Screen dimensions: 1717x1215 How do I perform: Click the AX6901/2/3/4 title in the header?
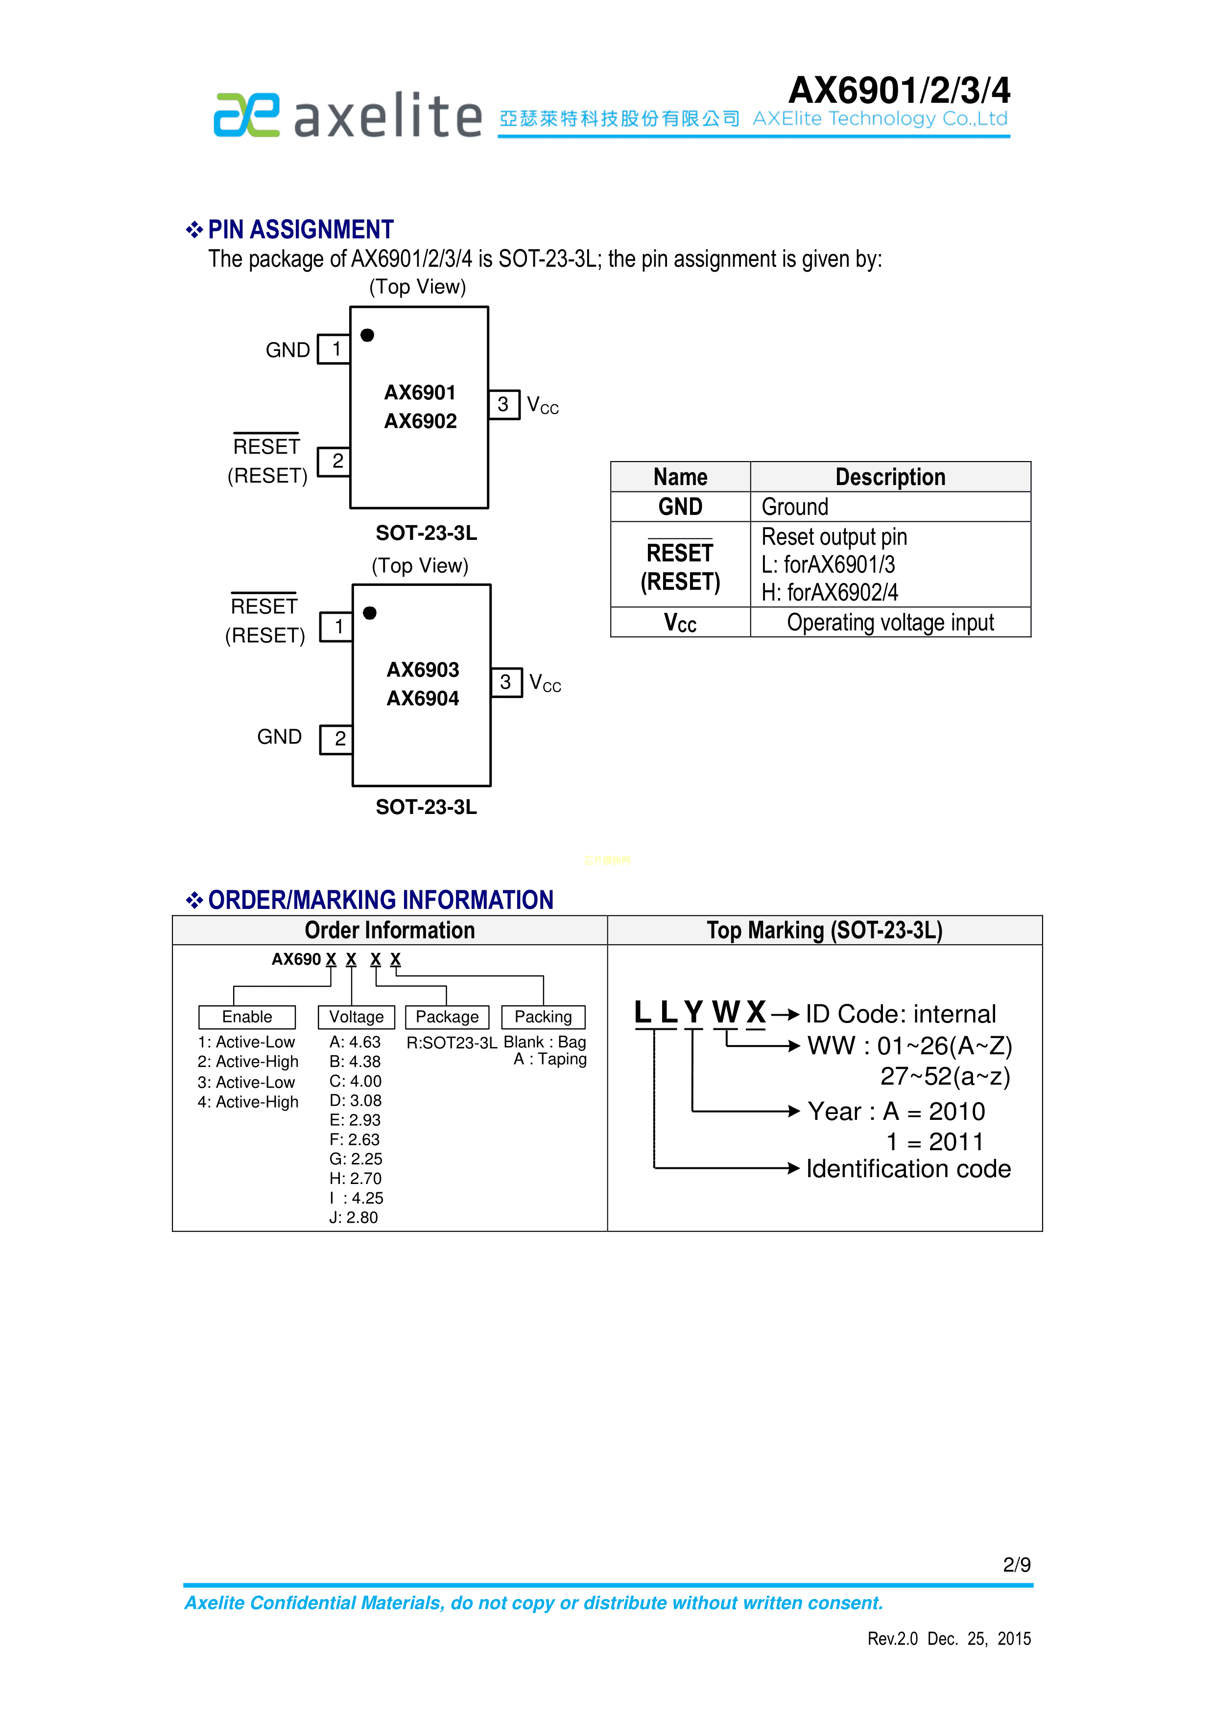coord(899,91)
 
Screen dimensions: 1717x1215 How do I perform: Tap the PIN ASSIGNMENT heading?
coord(300,230)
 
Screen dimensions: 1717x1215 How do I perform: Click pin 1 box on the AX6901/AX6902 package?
coord(335,349)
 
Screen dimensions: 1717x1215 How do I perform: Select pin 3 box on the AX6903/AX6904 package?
coord(506,682)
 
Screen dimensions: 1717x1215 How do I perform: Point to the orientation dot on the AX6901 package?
coord(367,335)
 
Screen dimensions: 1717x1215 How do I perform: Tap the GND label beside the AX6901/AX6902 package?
coord(287,350)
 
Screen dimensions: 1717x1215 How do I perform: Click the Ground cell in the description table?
coord(794,507)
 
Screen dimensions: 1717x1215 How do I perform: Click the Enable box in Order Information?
coord(247,1017)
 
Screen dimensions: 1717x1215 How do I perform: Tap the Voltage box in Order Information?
coord(356,1017)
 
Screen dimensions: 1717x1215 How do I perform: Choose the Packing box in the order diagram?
coord(543,1017)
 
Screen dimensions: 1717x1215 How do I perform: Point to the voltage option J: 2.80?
coord(354,1217)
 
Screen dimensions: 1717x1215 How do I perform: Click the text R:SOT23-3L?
coord(451,1043)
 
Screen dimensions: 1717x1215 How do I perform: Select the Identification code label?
coord(908,1169)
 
